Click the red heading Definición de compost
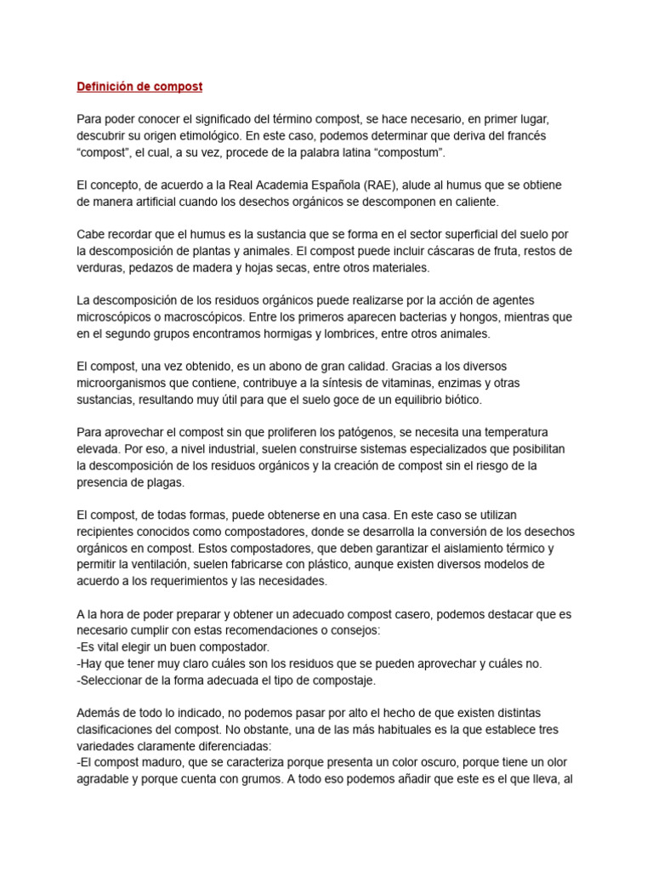tap(139, 87)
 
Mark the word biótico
tap(459, 399)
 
